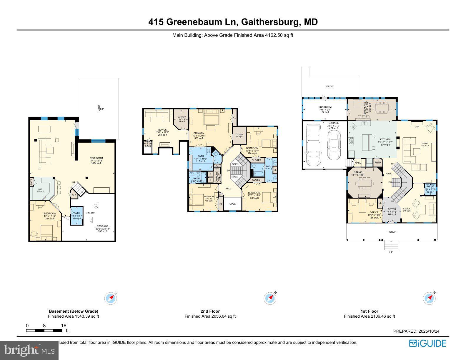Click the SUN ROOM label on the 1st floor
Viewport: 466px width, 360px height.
[325, 107]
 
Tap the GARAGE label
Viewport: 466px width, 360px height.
[334, 123]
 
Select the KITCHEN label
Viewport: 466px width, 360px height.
[385, 139]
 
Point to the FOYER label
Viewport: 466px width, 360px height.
[392, 209]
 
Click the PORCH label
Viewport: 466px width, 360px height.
[392, 232]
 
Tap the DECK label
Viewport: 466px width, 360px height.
[329, 86]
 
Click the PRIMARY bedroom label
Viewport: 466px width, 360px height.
[199, 133]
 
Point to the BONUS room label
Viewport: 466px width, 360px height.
[162, 130]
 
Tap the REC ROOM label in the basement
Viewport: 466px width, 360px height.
[96, 158]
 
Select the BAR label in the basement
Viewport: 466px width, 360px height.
[40, 189]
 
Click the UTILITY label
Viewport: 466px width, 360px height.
[90, 213]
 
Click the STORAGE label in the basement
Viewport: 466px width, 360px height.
[102, 226]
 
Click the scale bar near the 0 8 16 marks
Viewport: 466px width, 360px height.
[44, 331]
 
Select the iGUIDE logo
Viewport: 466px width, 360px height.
[427, 344]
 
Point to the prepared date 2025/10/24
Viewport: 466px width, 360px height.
[429, 331]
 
